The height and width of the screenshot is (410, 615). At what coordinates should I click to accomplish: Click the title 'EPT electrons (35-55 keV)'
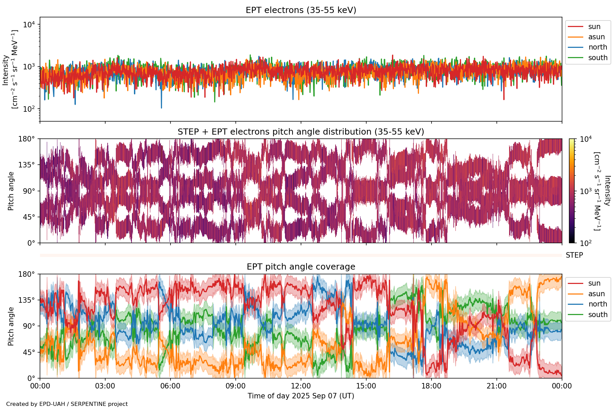(x=301, y=10)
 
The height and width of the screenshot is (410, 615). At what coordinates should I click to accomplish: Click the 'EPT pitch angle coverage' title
(x=301, y=267)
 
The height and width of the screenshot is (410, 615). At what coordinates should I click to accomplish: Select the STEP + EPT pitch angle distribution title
(x=301, y=132)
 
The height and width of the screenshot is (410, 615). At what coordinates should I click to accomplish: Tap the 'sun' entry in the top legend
(x=594, y=27)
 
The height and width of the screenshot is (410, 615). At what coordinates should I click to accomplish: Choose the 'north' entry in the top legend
(x=597, y=47)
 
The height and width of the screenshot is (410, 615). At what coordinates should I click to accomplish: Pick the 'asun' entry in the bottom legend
(x=596, y=294)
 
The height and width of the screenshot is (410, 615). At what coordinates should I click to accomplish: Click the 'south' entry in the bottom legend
(x=598, y=315)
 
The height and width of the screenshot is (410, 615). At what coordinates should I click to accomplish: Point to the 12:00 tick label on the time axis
(x=301, y=386)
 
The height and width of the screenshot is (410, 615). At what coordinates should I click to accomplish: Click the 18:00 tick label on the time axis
(x=431, y=386)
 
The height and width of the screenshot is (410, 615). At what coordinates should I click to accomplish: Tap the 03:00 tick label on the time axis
(x=105, y=386)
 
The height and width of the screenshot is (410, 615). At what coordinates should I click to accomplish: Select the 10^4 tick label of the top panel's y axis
(x=29, y=25)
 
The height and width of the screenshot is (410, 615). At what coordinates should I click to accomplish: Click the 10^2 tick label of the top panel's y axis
(x=29, y=109)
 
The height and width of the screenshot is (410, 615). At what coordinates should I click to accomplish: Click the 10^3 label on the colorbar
(x=586, y=191)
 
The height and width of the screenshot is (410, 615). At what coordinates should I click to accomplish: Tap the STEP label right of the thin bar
(x=574, y=255)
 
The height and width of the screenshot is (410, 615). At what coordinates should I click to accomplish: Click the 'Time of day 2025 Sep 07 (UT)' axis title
(x=301, y=396)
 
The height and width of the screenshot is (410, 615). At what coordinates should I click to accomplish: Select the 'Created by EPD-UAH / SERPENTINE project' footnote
(x=67, y=404)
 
